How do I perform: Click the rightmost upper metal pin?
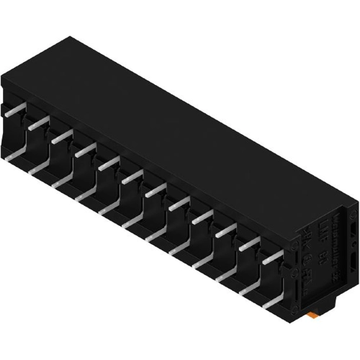point(273,258)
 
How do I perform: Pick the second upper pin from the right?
point(249,243)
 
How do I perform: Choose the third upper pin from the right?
point(225,229)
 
